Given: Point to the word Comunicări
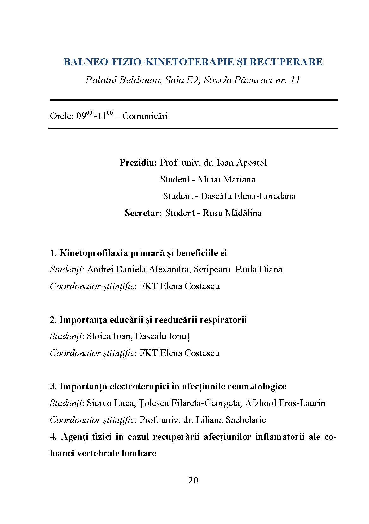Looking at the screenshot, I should click(x=145, y=116).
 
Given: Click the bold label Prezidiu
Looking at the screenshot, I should click(x=138, y=163).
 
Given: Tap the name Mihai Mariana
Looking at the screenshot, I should click(x=226, y=179).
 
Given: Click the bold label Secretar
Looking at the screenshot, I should click(x=143, y=213).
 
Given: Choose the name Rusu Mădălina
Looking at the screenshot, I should click(x=232, y=213).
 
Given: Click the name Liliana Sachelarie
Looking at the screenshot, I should click(x=231, y=420).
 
